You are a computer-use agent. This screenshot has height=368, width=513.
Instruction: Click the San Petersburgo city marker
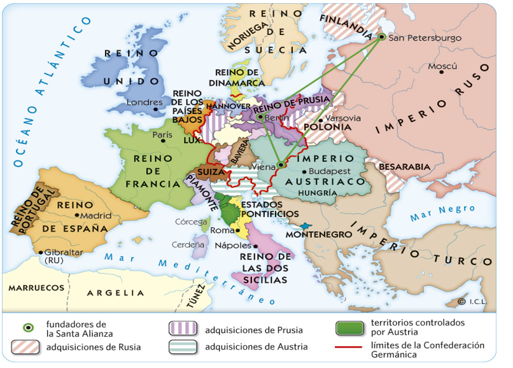382,37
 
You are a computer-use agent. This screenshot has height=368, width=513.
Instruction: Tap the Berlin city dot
260,117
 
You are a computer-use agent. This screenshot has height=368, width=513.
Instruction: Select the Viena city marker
281,166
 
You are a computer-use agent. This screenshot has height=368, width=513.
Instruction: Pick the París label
162,135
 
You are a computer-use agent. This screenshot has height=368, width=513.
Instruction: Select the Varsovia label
343,118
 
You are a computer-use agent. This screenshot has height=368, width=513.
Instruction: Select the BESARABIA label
405,167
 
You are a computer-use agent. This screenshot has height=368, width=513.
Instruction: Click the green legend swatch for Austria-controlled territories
348,329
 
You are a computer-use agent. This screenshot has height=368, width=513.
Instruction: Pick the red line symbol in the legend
348,348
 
